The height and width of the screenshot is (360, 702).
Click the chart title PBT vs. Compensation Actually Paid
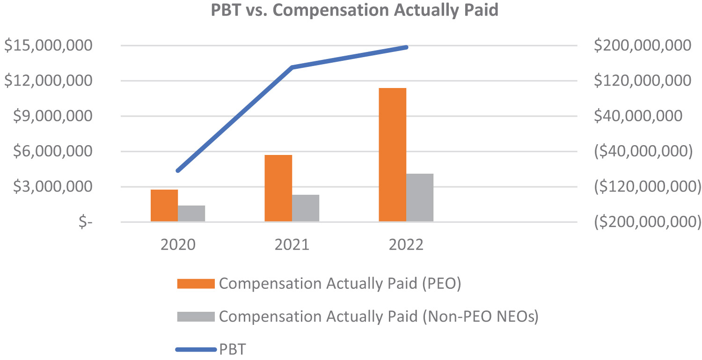tap(355, 10)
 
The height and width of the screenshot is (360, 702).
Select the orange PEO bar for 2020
tap(164, 206)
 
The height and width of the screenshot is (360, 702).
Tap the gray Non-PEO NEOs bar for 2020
tap(191, 213)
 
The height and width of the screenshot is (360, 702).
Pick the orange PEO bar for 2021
tap(278, 188)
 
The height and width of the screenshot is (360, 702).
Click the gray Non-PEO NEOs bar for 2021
tap(306, 208)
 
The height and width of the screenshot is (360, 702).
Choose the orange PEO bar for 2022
tap(392, 154)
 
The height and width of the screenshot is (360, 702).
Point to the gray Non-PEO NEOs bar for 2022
tap(420, 198)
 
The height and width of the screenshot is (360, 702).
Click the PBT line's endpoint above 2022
tap(406, 47)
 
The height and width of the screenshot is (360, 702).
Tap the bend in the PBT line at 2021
tap(292, 67)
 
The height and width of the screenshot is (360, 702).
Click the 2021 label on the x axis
tap(292, 245)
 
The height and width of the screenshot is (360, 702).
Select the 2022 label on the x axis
tap(406, 245)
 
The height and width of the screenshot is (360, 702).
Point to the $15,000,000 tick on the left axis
tap(53, 46)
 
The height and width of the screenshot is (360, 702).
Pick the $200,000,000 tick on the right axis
tap(642, 46)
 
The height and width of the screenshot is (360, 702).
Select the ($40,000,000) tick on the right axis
tap(642, 152)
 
